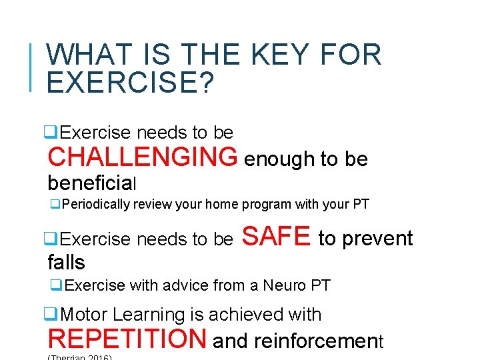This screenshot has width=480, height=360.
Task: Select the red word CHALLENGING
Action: coord(142,157)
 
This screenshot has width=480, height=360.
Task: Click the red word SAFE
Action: coord(276,236)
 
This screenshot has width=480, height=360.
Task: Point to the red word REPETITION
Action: coord(127,339)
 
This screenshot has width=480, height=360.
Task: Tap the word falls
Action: coord(66,262)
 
